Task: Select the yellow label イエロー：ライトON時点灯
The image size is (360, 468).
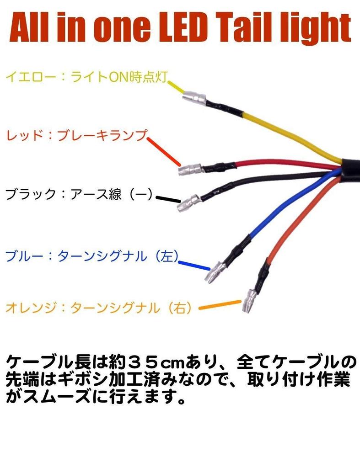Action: (x=87, y=77)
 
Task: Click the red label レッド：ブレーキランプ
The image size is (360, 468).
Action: (x=77, y=135)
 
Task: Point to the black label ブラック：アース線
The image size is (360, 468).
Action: (x=79, y=194)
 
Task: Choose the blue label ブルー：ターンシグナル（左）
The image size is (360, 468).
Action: (x=92, y=256)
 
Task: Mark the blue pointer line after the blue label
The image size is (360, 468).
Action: (x=194, y=266)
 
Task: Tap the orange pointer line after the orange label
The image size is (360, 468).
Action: (x=220, y=305)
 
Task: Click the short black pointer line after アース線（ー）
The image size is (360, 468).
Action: (x=168, y=199)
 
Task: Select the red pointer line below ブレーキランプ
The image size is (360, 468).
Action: (x=164, y=152)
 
